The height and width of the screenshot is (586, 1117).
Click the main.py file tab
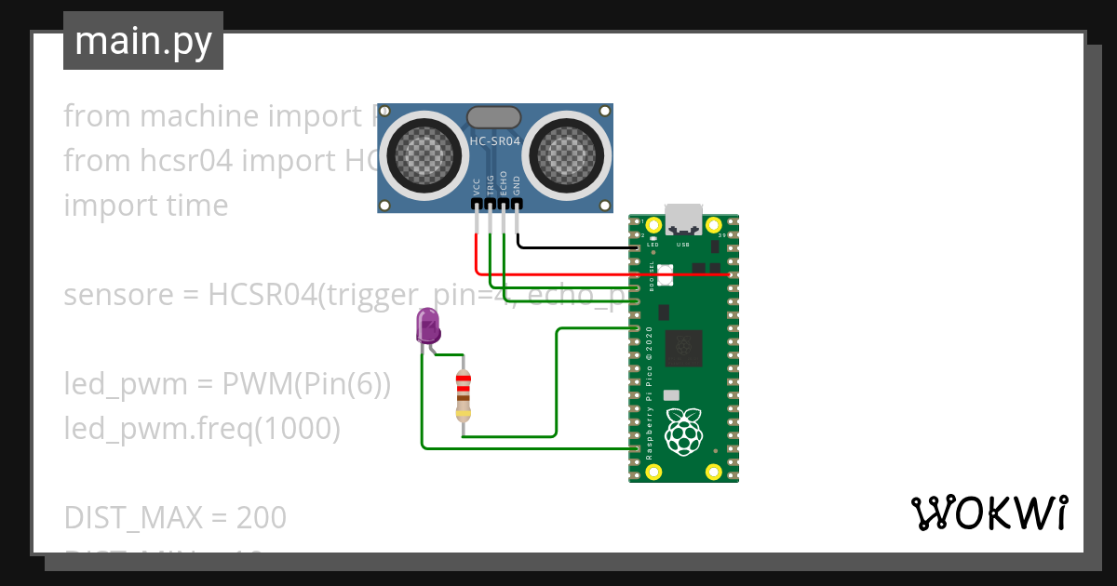point(142,41)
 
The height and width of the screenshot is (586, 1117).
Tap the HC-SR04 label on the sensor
point(494,141)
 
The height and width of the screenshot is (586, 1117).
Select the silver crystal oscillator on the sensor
point(493,116)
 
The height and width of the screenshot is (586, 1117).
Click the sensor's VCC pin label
point(477,185)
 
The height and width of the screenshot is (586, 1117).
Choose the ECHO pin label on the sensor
point(504,182)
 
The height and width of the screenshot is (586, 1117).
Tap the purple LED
point(427,326)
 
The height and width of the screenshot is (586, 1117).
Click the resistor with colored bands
point(464,395)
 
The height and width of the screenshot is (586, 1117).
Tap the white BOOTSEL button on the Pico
point(665,274)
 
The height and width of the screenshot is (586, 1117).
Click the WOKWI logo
point(989,513)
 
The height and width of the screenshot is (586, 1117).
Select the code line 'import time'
point(145,206)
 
